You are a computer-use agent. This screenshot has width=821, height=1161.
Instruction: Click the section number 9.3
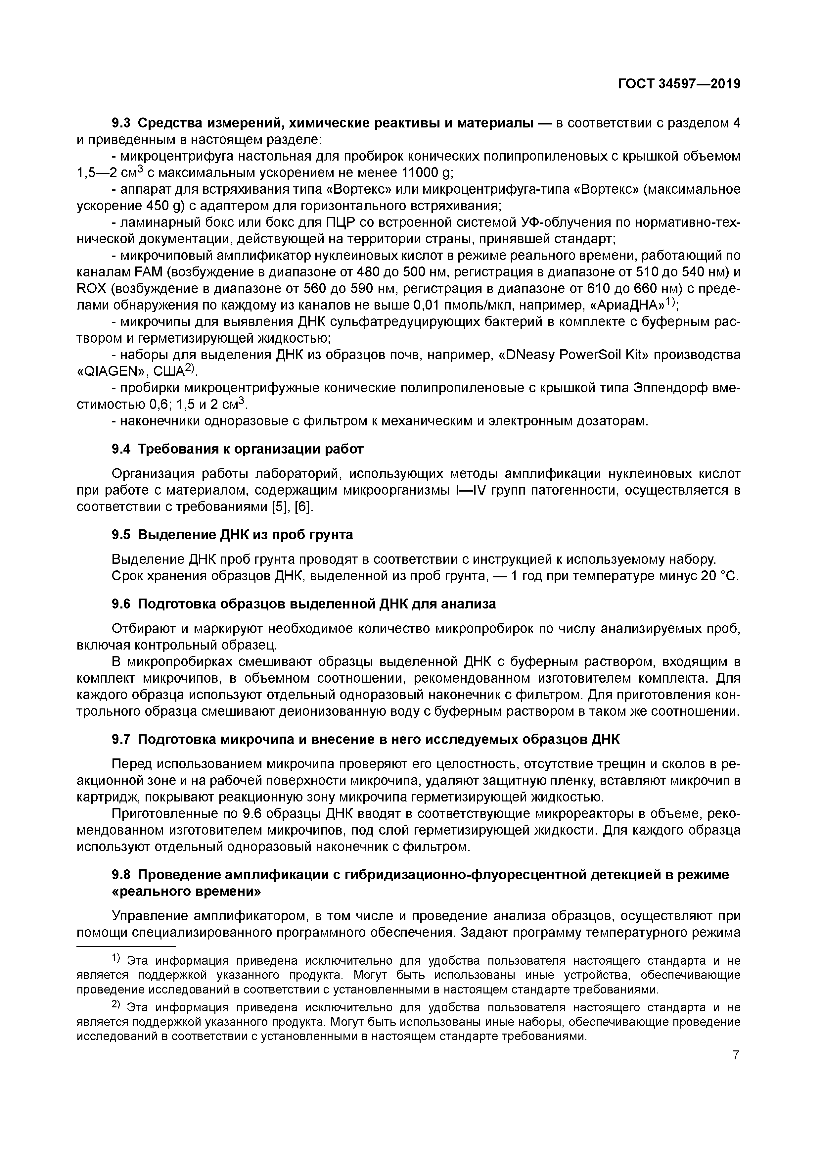click(121, 123)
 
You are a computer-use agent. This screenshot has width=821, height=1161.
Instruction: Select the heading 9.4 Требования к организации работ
click(237, 449)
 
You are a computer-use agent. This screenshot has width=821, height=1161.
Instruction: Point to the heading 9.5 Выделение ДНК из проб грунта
click(232, 535)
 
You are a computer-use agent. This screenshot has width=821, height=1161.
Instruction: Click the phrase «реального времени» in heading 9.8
click(186, 892)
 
